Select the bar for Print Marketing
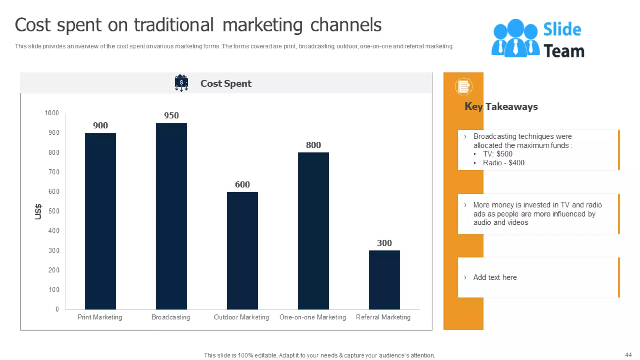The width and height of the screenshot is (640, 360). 100,221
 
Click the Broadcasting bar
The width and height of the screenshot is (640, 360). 171,216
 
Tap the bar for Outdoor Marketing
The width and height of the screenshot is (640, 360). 242,250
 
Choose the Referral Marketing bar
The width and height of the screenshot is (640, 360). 384,280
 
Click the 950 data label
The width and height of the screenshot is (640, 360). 171,115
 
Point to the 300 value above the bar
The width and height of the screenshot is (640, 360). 384,243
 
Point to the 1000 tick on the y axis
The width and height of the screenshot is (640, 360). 52,113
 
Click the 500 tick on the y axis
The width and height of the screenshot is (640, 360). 54,211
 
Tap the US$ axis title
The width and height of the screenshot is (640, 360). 38,212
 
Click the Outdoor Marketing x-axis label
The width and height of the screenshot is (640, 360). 241,317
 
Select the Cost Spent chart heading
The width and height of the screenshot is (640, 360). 226,83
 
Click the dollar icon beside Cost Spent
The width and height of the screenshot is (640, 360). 181,83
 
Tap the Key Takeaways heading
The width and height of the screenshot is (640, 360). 501,107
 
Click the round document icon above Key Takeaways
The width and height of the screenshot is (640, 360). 463,87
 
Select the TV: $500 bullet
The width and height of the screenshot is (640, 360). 497,154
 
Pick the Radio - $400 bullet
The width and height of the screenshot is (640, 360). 503,163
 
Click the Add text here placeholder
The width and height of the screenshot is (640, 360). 495,277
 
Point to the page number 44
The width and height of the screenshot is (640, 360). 628,355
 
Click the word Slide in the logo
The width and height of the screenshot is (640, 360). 562,29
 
